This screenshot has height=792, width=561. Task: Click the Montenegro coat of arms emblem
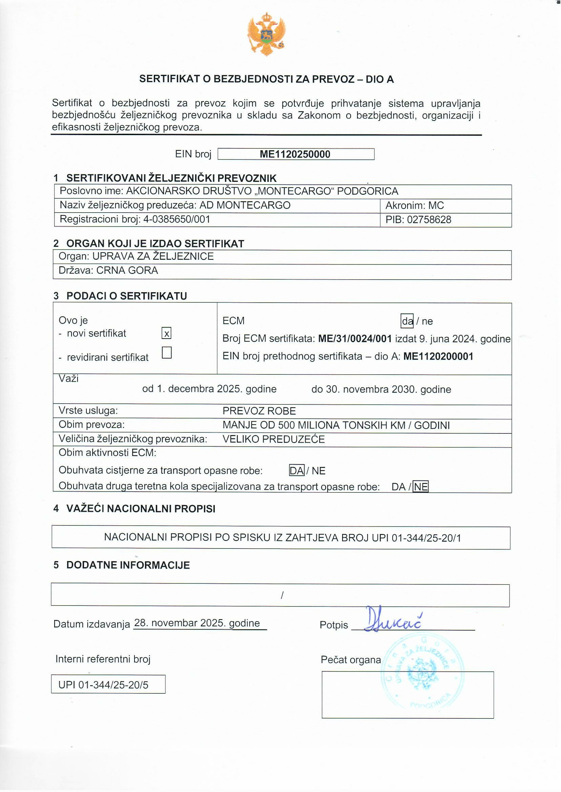click(x=266, y=34)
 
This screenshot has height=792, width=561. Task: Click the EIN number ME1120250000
click(x=295, y=154)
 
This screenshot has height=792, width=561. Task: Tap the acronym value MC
click(x=436, y=206)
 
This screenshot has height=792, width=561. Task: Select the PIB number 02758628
click(x=429, y=219)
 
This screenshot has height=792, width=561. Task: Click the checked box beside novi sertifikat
click(x=166, y=333)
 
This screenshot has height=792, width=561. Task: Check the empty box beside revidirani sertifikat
click(x=166, y=352)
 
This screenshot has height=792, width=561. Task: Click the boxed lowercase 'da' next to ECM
click(x=407, y=321)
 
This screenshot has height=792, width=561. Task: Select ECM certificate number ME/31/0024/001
click(x=355, y=339)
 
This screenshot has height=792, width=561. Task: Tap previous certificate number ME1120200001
click(x=438, y=356)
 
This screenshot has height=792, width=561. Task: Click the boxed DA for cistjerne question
click(x=296, y=471)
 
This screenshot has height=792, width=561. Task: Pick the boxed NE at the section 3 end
click(x=420, y=487)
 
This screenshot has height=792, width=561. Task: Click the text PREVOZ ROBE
click(x=259, y=411)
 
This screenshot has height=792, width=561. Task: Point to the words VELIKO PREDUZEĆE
click(x=274, y=439)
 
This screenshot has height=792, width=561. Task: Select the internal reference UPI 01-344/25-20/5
click(x=103, y=684)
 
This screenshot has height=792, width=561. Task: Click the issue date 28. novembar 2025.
click(x=197, y=623)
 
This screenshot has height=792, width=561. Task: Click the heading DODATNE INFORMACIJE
click(x=128, y=565)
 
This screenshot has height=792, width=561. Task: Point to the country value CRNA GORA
click(x=127, y=270)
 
